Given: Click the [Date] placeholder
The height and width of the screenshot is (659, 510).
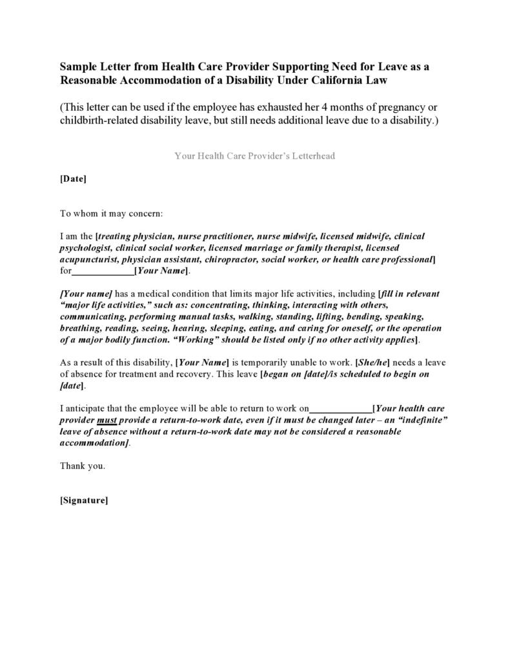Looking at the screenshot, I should (73, 179).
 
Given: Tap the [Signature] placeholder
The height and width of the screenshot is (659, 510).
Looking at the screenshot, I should (84, 500).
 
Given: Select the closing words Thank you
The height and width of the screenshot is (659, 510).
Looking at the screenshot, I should (82, 466).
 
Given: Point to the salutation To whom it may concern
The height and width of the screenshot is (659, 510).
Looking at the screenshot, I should (111, 213).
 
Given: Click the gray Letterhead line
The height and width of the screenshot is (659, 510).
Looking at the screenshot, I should (254, 156).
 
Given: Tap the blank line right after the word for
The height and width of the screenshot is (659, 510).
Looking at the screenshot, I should (103, 271).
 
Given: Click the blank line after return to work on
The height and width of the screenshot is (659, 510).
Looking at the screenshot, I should (341, 408).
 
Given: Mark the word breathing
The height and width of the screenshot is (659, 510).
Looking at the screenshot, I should (81, 328).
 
